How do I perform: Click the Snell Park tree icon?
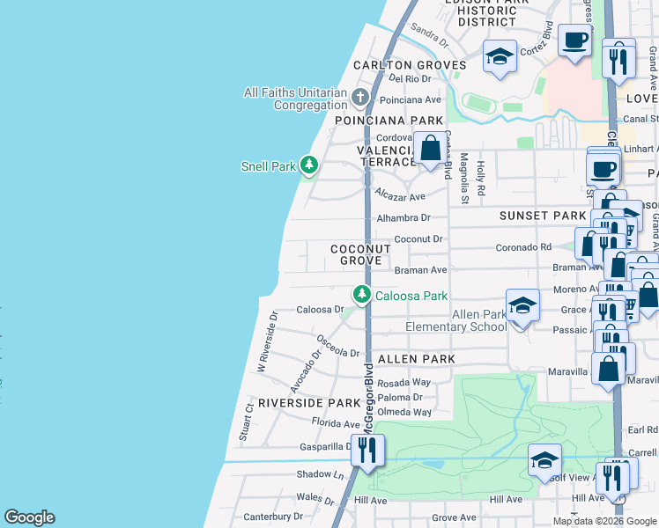(x=308, y=165)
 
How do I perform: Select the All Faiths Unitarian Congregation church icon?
(x=359, y=96)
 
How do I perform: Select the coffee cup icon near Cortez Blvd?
(x=574, y=41)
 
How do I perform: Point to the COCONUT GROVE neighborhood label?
(x=361, y=255)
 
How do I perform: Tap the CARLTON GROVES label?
(x=410, y=65)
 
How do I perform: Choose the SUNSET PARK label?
(x=543, y=216)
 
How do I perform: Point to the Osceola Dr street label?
(x=338, y=346)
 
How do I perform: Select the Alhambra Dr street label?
(x=404, y=217)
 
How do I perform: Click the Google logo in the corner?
(x=29, y=517)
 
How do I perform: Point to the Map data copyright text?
(x=604, y=521)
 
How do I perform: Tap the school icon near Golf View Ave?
(x=544, y=459)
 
